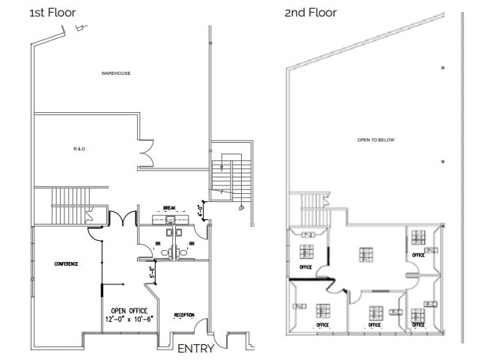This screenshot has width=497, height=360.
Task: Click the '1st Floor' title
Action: click(x=52, y=12)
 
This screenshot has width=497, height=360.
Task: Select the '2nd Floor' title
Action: click(x=311, y=12)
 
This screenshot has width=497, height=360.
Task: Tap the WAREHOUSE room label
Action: click(x=116, y=73)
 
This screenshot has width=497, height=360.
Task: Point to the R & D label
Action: click(x=80, y=150)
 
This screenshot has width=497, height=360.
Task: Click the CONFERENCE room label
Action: click(x=67, y=264)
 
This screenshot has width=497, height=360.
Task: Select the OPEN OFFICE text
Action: click(x=129, y=311)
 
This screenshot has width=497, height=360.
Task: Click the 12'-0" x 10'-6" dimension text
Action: click(x=129, y=320)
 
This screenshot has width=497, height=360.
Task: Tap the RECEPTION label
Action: click(x=184, y=315)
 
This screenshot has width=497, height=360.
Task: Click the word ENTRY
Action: click(x=195, y=349)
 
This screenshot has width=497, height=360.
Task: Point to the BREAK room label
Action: click(x=169, y=210)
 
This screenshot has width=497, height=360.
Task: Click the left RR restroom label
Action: click(x=158, y=243)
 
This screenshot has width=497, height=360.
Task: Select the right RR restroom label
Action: click(x=192, y=243)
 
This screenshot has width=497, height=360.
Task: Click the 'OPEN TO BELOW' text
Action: click(x=376, y=140)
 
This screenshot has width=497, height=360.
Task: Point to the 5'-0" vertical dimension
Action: click(x=151, y=272)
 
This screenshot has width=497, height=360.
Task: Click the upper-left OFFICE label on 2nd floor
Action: click(x=305, y=266)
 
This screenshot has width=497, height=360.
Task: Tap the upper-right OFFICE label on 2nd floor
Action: click(x=418, y=255)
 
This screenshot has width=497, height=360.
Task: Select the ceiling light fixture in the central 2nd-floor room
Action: click(x=366, y=255)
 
